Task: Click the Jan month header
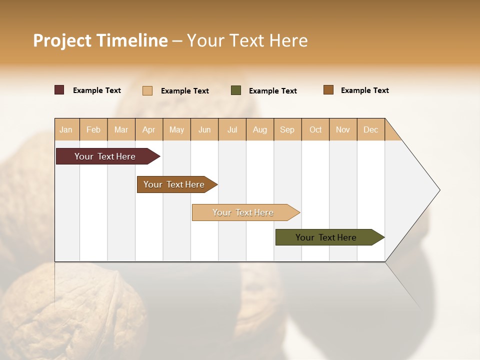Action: click(66, 129)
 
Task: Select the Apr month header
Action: click(149, 129)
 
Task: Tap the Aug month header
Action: click(260, 129)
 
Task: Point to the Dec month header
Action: click(371, 129)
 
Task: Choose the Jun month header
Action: click(204, 129)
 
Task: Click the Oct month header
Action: click(315, 129)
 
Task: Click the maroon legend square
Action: click(59, 90)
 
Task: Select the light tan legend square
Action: click(147, 90)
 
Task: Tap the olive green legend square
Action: click(236, 90)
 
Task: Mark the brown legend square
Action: click(328, 90)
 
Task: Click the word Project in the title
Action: click(61, 40)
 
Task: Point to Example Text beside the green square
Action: click(273, 91)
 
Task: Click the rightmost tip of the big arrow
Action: click(439, 190)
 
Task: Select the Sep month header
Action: click(287, 129)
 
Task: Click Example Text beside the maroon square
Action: click(97, 90)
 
